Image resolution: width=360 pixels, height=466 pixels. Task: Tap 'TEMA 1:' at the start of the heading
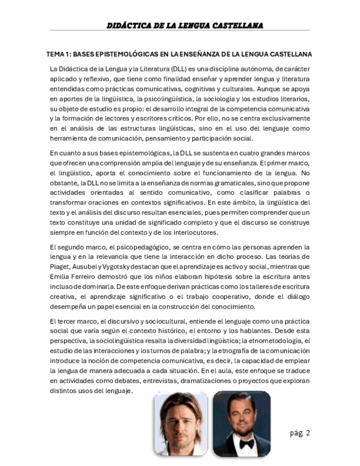click(57, 54)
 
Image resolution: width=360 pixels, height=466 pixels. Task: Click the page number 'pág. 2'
click(300, 433)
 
